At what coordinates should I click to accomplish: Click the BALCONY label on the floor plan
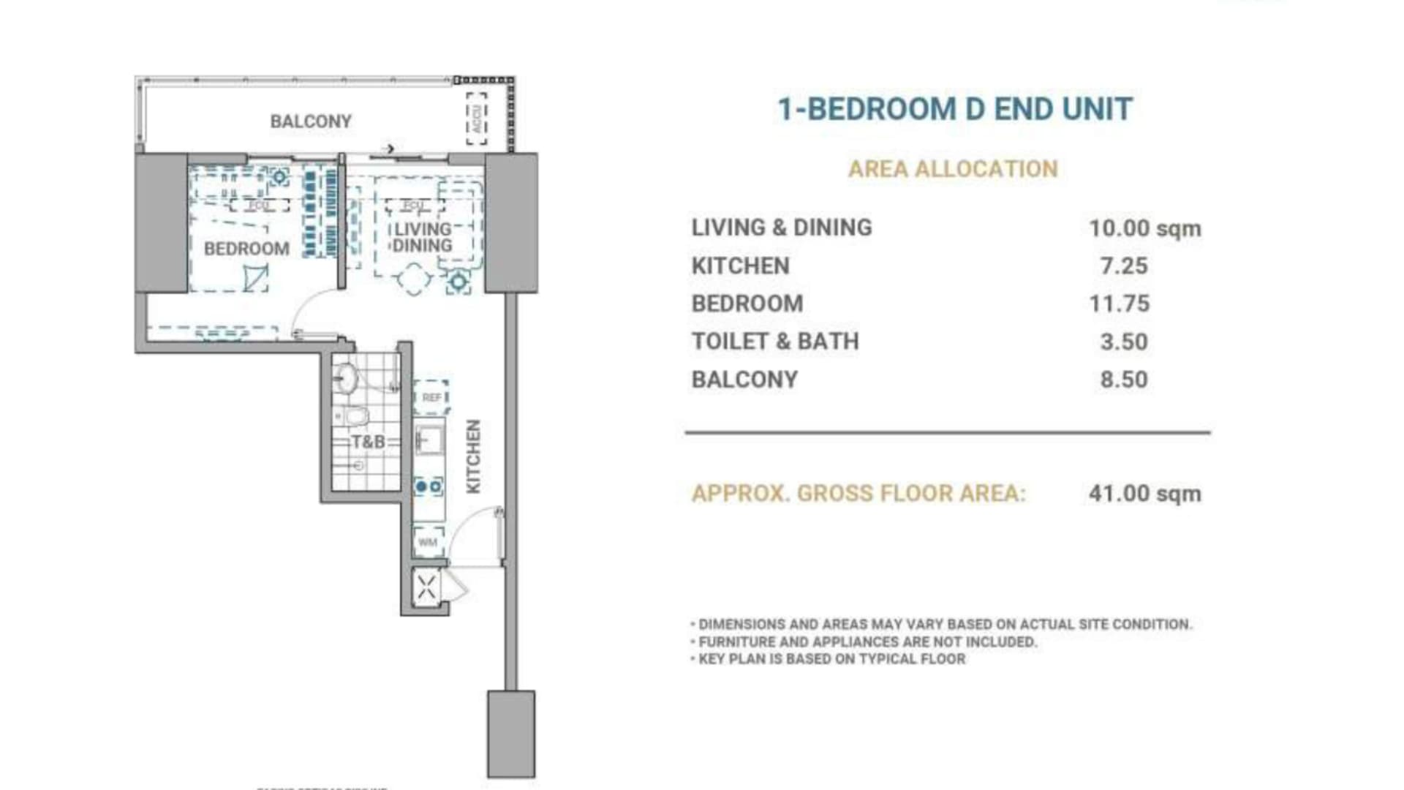point(311,121)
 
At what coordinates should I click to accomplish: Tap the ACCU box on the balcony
point(477,118)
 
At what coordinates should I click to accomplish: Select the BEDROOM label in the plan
point(246,249)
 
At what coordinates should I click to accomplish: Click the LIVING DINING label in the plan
point(422,238)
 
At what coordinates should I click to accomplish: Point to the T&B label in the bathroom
point(368,442)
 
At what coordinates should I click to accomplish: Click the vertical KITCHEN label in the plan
point(474,456)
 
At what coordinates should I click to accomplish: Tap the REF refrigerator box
point(431,397)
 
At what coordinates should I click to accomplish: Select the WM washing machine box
point(428,542)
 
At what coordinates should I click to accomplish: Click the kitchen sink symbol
point(429,440)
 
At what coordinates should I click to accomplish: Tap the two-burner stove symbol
point(429,486)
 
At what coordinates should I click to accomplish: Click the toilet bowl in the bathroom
point(355,417)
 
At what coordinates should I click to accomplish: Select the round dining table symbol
point(413,279)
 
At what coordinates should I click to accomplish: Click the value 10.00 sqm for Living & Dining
point(1144,228)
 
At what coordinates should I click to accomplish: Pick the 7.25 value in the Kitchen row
point(1124,266)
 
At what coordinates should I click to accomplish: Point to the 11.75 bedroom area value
point(1120,304)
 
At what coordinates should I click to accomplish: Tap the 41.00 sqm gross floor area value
point(1144,494)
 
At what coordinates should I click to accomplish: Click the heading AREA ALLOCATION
point(953,169)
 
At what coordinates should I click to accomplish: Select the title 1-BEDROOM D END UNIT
point(955,109)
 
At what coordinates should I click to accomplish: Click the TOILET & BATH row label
point(775,342)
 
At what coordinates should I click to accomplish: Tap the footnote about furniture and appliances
point(867,642)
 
